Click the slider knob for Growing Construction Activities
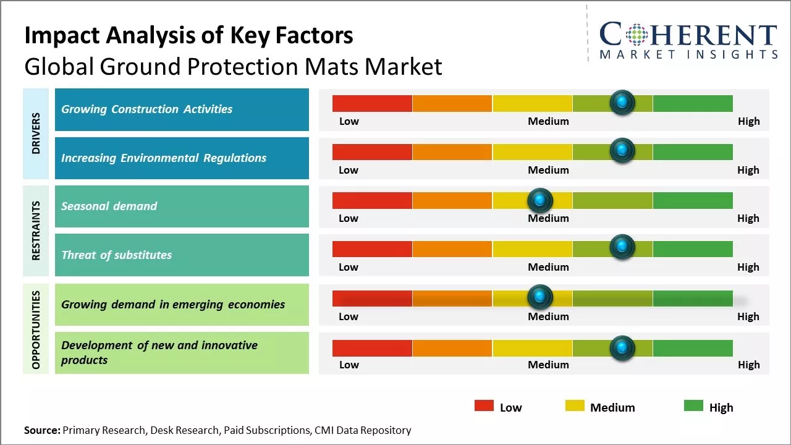pos(622,102)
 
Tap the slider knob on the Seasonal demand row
pos(540,200)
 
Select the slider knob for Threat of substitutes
pos(622,247)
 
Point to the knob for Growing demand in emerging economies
pos(540,297)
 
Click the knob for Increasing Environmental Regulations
pos(622,150)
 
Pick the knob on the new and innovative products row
pos(622,347)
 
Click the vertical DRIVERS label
pos(36,133)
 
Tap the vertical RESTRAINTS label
pos(36,231)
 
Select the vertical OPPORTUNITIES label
pos(36,329)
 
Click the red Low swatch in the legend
pos(484,405)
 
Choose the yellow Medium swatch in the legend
pos(575,405)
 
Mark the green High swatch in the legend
pos(693,405)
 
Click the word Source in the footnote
pos(42,430)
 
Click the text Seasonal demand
pos(109,206)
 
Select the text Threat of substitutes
pos(116,255)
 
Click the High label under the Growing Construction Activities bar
pos(748,121)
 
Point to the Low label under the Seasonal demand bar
pos(349,218)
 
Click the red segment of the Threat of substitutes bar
pos(372,248)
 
